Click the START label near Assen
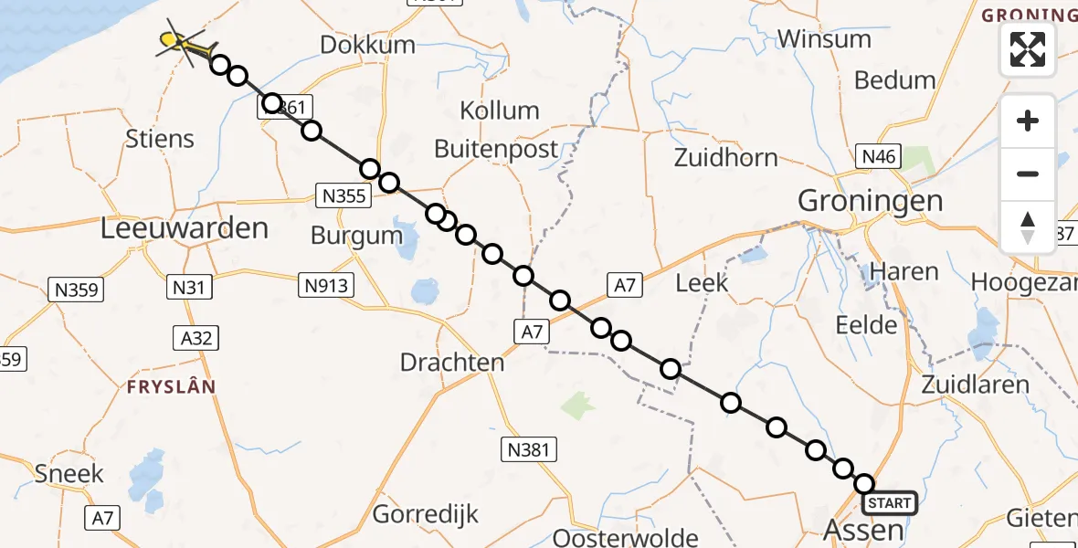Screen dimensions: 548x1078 [889, 503]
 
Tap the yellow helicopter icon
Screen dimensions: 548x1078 [179, 41]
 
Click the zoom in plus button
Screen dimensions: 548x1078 [1028, 121]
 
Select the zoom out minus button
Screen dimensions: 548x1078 [1028, 174]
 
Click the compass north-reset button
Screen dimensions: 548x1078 [1028, 227]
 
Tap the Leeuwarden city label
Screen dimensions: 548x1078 [185, 228]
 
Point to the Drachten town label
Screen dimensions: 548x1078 [452, 362]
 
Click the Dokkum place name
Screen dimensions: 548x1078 [368, 45]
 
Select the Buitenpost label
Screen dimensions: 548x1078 [496, 149]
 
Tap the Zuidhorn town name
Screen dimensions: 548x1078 [725, 157]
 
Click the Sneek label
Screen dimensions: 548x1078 [69, 474]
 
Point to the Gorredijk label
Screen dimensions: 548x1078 [426, 514]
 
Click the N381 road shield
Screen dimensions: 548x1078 [529, 448]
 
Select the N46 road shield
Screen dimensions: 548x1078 [879, 157]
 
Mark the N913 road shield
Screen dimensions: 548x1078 [326, 286]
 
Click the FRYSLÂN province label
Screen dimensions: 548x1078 [172, 386]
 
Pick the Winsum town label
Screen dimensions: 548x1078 [823, 38]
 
